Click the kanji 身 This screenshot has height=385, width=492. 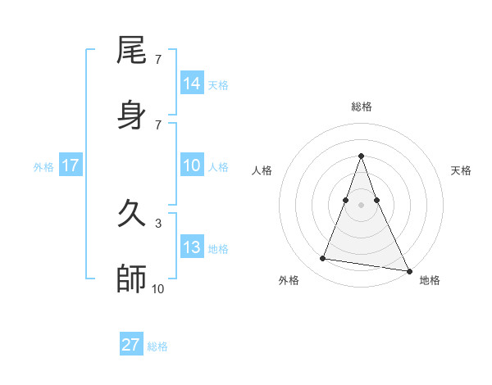point(132,114)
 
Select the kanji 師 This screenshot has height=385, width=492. point(132,279)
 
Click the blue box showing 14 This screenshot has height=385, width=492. point(192,84)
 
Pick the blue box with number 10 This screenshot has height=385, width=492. point(192,166)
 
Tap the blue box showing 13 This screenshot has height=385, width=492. point(192,248)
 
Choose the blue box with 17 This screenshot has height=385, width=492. point(71,166)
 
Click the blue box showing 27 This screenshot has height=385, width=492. point(131,345)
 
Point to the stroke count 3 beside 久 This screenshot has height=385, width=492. point(158,223)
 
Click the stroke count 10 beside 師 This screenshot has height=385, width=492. point(158,288)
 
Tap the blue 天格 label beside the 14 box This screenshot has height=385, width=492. point(218,84)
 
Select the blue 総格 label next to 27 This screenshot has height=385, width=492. point(157,346)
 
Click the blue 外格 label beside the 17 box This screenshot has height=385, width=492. point(43,167)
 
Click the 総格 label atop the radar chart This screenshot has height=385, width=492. point(362,106)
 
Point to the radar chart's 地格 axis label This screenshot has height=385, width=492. point(430,281)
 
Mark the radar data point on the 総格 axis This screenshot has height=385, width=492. point(362,156)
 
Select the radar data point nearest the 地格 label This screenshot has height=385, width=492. point(408,269)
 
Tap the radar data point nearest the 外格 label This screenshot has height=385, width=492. point(323,259)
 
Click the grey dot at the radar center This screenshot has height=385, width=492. point(362,204)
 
